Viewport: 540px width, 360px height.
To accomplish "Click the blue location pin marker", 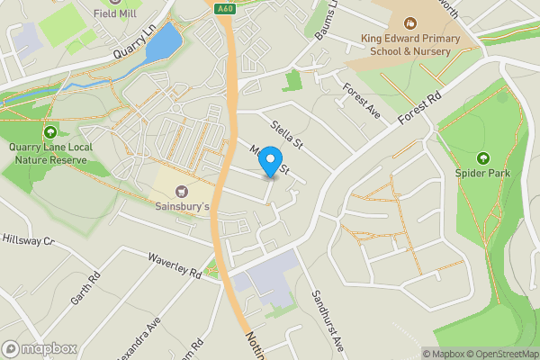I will point(269,164).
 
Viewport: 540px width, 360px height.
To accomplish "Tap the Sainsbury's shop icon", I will point(184,191).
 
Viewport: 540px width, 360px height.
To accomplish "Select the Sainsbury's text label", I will point(184,207).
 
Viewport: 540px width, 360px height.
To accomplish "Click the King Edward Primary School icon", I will point(410,22).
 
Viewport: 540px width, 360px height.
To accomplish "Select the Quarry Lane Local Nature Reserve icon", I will point(50,133).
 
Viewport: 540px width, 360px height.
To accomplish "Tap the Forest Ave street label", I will point(363,102).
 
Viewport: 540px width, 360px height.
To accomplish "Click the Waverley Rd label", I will point(175,266).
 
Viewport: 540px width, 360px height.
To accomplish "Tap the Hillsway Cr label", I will point(29,241).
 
